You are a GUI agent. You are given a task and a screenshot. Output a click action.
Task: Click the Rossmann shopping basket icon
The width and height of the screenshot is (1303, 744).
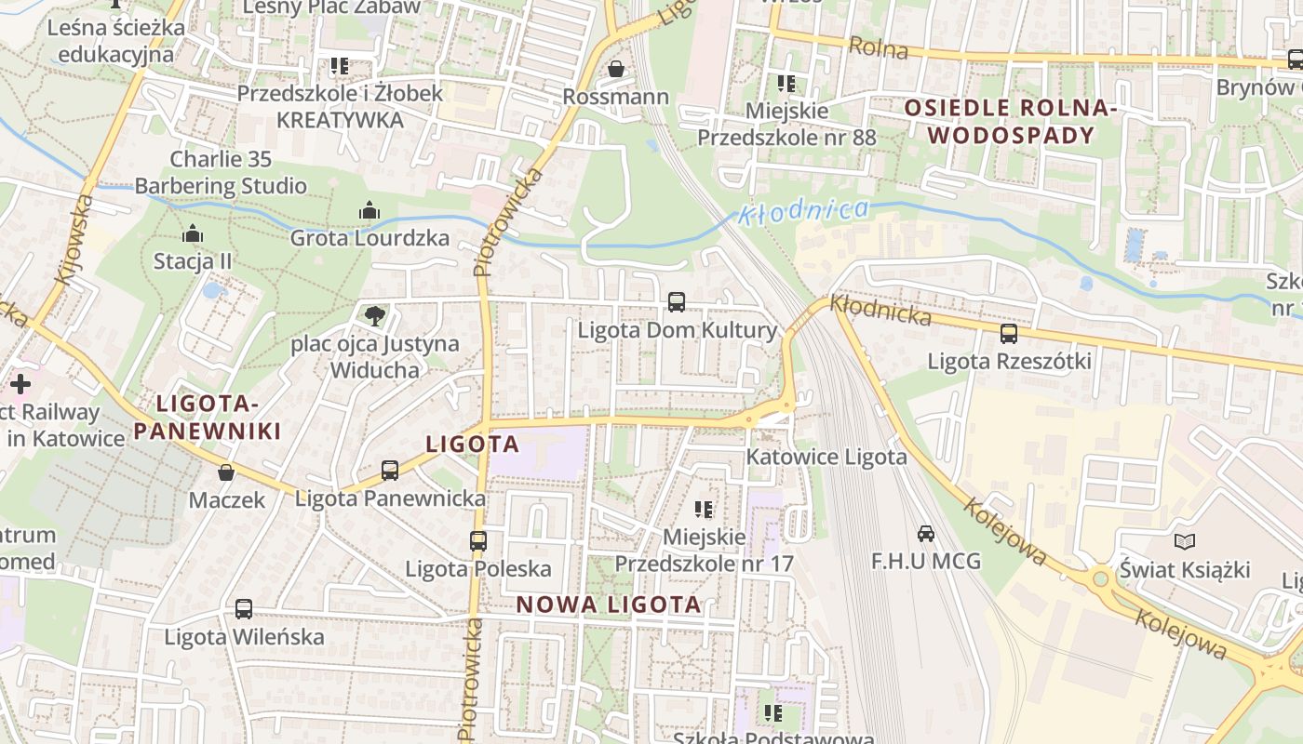coord(615,70)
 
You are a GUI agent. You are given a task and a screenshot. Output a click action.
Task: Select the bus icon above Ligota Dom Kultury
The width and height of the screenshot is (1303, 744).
coord(677,302)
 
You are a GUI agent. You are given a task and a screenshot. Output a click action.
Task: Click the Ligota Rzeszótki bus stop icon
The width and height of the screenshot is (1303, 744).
coord(1008,334)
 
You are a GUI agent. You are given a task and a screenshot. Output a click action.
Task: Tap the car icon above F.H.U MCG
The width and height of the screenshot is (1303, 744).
coord(926,534)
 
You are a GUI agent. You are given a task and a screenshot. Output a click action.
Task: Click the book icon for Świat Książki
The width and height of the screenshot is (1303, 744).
coord(1184,541)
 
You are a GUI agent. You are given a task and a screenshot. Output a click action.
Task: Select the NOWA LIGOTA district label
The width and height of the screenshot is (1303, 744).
coord(609,604)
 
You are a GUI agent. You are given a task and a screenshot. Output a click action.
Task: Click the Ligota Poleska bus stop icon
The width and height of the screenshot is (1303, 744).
coord(478,540)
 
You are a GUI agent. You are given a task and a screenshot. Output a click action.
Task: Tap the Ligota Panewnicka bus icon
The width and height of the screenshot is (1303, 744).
coord(390,471)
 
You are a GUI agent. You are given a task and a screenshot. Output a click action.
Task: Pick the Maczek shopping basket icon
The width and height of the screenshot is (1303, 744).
coord(226,472)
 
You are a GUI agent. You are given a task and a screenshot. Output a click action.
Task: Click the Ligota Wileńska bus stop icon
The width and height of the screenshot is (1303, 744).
coord(244,609)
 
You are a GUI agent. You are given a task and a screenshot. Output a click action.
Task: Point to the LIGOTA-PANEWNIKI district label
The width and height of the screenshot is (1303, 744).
coord(207,418)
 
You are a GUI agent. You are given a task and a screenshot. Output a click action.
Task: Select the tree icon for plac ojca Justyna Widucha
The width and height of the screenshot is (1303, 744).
coord(374,315)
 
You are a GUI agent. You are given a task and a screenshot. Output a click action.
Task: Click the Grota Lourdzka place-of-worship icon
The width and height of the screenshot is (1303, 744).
coord(369,210)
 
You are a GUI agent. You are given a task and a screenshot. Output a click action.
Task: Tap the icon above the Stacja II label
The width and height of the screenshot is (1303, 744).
coord(193,232)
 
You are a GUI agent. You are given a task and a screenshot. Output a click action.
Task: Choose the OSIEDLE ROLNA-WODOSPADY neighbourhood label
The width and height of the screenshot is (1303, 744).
coord(1010,122)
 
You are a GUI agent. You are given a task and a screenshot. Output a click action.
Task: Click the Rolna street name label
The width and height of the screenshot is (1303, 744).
coord(879,47)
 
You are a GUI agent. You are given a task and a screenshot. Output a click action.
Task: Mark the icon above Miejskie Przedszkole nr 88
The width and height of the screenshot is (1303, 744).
coord(786,84)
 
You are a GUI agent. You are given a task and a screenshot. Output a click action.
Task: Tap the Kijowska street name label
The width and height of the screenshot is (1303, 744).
coord(75,239)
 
